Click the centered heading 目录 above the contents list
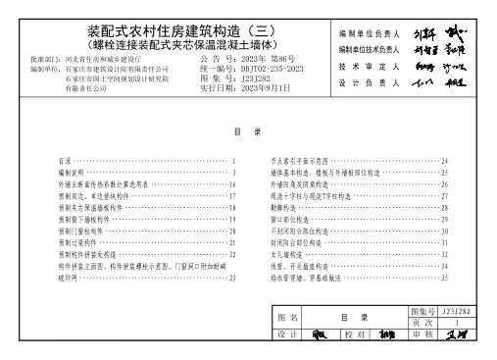pyautogui.click(x=247, y=131)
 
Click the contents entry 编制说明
pyautogui.click(x=73, y=173)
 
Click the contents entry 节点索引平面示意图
pyautogui.click(x=298, y=161)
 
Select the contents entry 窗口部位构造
pyautogui.click(x=288, y=219)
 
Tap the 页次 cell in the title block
pyautogui.click(x=422, y=321)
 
